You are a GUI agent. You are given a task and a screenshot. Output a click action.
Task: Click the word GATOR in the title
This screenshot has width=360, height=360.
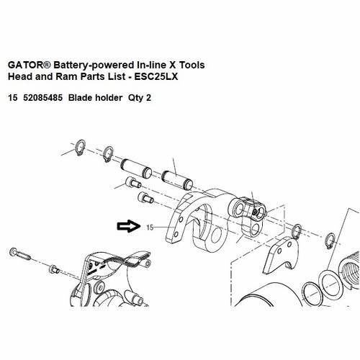[23, 65]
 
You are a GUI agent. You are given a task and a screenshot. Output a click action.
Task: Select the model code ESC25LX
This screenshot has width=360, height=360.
[156, 76]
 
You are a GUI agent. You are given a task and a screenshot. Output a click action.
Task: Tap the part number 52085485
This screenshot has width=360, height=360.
[42, 98]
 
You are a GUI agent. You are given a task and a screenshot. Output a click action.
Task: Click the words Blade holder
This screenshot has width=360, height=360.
[95, 98]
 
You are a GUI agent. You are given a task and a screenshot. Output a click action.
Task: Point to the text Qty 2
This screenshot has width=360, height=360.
[140, 98]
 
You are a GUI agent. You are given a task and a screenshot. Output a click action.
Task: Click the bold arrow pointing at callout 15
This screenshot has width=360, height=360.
[128, 226]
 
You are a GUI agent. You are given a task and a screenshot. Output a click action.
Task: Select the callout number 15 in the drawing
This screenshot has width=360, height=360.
[150, 228]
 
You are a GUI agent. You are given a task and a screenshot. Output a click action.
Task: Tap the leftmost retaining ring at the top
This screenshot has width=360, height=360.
[80, 148]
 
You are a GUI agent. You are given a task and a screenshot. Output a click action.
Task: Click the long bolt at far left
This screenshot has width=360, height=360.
[20, 254]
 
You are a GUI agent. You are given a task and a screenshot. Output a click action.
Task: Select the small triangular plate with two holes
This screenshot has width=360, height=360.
[282, 255]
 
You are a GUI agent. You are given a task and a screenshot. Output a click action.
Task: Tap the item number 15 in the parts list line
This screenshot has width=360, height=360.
[13, 98]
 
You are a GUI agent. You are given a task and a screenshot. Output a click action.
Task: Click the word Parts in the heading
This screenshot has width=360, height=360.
[91, 76]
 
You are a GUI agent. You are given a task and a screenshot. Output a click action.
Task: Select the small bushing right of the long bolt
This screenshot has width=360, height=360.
[54, 269]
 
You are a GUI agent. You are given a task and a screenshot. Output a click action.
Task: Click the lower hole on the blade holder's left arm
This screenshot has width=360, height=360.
[176, 234]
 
